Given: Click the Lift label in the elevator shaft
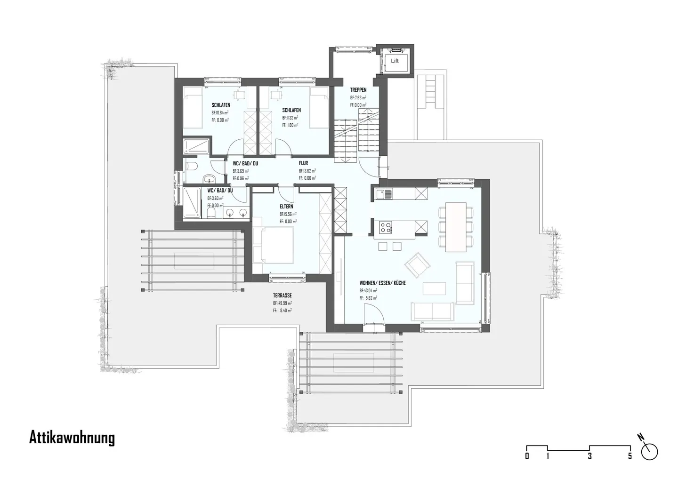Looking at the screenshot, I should [x=395, y=61].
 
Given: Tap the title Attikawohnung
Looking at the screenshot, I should [x=72, y=438].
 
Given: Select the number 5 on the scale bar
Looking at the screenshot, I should [x=630, y=456].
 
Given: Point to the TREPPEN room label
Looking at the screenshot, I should [x=358, y=90].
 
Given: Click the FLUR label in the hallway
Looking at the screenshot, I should [x=303, y=163].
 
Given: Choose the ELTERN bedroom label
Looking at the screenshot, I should [x=286, y=207].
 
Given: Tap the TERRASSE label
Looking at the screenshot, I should [x=282, y=295].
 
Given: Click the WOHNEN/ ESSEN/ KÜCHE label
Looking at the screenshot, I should [x=382, y=283].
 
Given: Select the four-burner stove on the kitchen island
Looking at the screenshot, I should [x=386, y=227].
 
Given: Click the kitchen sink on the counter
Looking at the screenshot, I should [x=385, y=193].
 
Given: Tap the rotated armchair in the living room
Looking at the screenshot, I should [x=418, y=264].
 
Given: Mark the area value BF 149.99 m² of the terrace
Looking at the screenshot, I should [x=282, y=303].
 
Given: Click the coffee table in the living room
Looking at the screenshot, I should [x=434, y=287].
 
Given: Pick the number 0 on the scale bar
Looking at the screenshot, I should [x=527, y=456].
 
